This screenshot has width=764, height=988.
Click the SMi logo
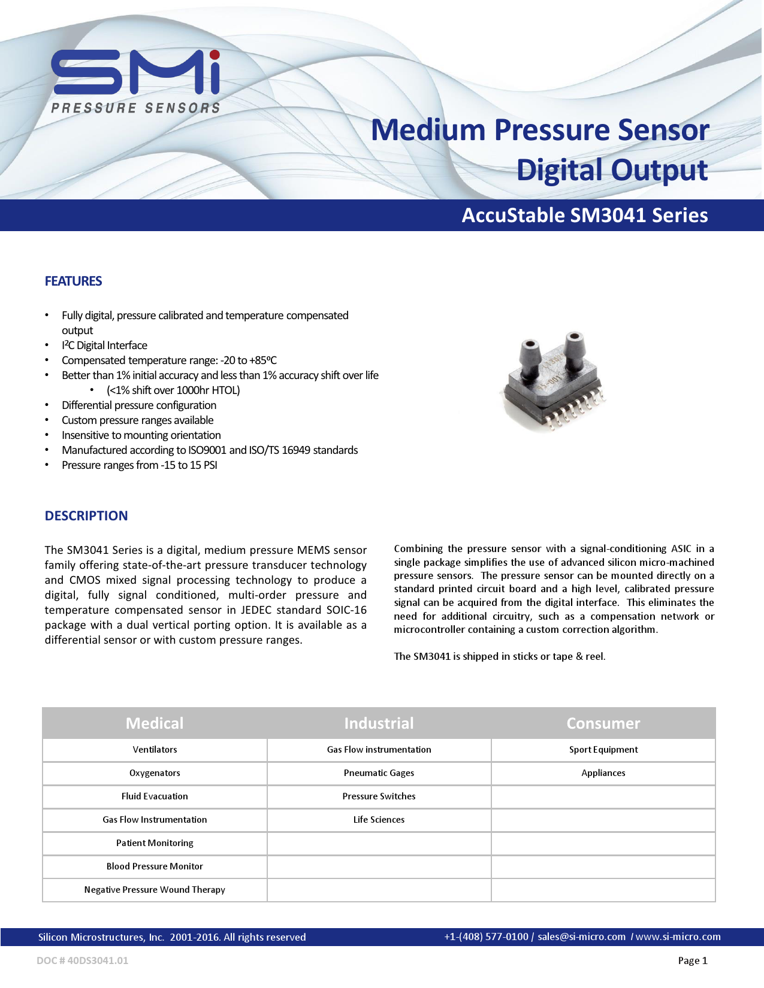136,81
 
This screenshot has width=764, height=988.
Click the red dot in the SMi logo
215,56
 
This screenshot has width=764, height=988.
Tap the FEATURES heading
73,281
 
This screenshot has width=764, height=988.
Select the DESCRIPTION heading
86,516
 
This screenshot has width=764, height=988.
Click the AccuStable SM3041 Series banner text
584,216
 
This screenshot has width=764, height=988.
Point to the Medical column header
155,723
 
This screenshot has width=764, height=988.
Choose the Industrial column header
379,723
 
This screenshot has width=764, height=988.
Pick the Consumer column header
603,723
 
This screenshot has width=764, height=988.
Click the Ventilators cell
155,750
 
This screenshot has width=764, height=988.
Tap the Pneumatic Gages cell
379,773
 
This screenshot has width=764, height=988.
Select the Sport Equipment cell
603,750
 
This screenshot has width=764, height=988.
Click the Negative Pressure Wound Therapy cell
155,890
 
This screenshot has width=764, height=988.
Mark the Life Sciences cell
379,820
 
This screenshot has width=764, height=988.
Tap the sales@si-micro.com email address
581,937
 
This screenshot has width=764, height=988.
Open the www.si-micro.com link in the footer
678,937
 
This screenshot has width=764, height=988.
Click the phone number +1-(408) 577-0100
486,937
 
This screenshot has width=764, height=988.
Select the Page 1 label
693,961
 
